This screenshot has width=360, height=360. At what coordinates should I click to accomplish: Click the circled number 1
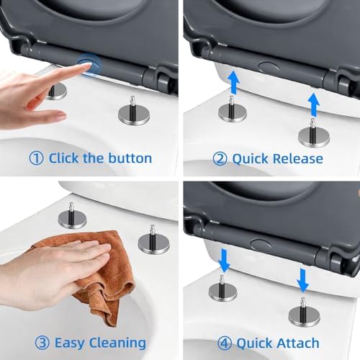point(36,158)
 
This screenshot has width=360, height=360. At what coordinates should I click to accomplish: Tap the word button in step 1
point(130,158)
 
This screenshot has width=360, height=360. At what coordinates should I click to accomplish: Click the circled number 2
point(220,159)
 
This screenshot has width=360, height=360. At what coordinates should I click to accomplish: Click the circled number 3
point(42,343)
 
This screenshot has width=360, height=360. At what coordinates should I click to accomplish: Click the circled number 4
point(225,343)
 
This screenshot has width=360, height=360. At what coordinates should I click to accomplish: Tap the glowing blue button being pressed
point(89,64)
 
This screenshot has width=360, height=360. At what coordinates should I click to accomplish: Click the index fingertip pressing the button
point(87,65)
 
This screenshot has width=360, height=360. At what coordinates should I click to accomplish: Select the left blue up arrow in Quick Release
point(233,81)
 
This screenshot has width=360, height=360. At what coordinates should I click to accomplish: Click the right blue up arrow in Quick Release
point(314,105)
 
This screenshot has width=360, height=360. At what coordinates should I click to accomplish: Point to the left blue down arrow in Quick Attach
point(224,261)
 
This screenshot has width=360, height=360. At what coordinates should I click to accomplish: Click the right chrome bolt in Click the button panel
point(134,112)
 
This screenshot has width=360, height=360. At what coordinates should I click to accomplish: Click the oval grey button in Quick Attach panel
point(261,244)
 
